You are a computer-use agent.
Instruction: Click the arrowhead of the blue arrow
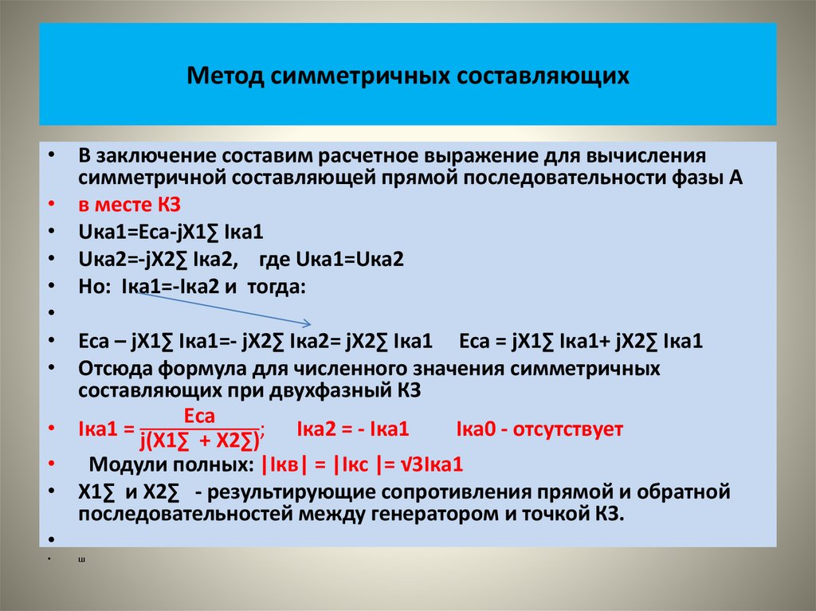[x=307, y=323]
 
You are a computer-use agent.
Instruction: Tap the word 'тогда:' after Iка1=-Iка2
[x=278, y=286]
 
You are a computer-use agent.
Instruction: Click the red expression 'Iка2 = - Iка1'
[x=352, y=430]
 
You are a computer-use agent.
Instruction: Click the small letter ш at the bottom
[x=82, y=559]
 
